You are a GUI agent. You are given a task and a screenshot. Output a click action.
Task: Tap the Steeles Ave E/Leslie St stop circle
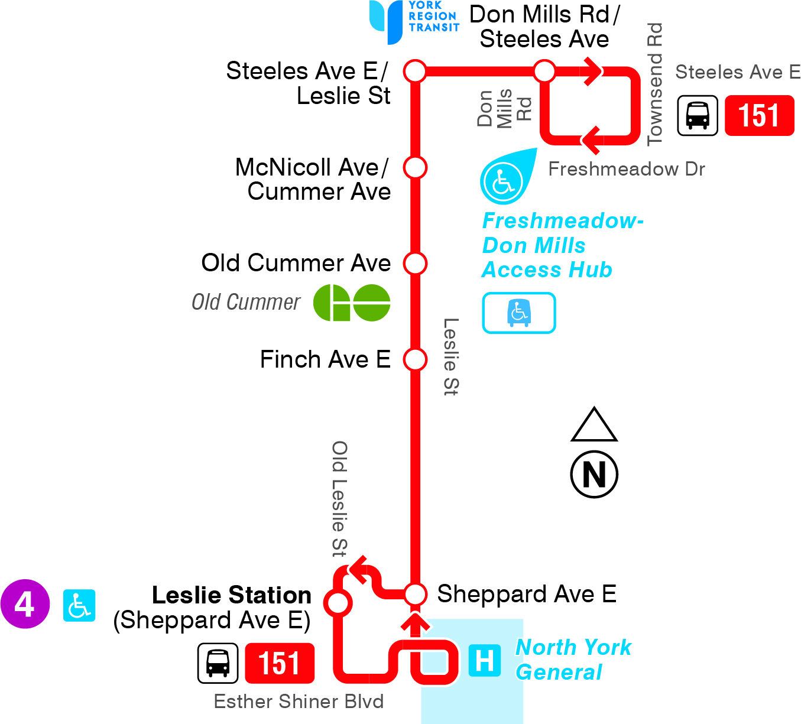coord(415,72)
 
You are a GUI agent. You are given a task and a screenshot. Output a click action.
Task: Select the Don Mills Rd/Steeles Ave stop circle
coord(544,72)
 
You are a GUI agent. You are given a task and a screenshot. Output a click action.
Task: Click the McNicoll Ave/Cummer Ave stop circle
coord(415,167)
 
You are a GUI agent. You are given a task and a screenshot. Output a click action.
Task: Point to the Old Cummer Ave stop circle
coord(415,263)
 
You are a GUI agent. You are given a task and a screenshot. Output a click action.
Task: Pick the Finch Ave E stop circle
coord(415,359)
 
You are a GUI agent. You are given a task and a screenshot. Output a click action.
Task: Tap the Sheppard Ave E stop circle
coord(415,594)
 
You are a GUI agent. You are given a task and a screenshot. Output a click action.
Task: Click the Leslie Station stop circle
coord(338,603)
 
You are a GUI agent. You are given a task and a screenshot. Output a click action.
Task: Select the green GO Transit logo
coord(351,303)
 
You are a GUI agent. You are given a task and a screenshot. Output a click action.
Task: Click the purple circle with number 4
coord(25,604)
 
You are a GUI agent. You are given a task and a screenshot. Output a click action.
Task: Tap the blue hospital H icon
coord(485,660)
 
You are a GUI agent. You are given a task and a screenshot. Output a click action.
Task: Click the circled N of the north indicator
coord(594,474)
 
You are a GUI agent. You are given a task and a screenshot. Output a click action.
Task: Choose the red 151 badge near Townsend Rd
coord(759,115)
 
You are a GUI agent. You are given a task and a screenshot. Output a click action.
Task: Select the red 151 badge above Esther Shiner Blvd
coord(280,663)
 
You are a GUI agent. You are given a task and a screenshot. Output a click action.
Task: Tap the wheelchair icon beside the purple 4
coord(79,605)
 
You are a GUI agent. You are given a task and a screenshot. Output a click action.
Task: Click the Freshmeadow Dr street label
coord(627,169)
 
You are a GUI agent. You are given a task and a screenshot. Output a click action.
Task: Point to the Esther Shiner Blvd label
coord(299,702)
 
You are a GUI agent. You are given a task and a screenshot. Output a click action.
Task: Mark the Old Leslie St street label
coord(339,499)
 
